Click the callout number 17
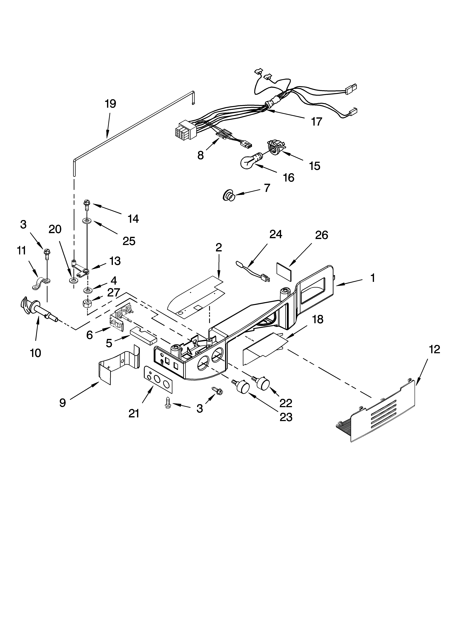click(x=316, y=122)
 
